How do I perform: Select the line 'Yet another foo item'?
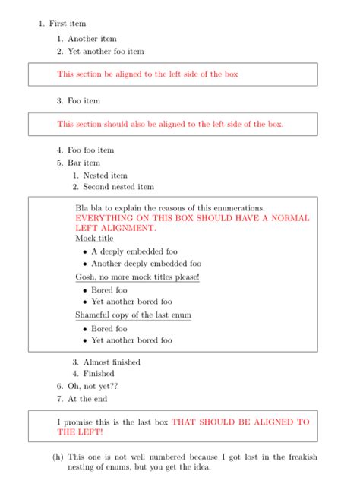(x=106, y=52)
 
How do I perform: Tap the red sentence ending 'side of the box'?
(x=147, y=74)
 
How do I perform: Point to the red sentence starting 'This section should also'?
(x=170, y=124)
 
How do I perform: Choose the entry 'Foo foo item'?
(x=90, y=150)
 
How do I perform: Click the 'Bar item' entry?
(x=84, y=163)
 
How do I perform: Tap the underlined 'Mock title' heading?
(x=94, y=239)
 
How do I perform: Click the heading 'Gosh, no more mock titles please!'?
(x=137, y=277)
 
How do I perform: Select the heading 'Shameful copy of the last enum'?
(x=133, y=315)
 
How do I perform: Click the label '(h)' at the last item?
(x=58, y=457)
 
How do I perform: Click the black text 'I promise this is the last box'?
(x=113, y=422)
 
